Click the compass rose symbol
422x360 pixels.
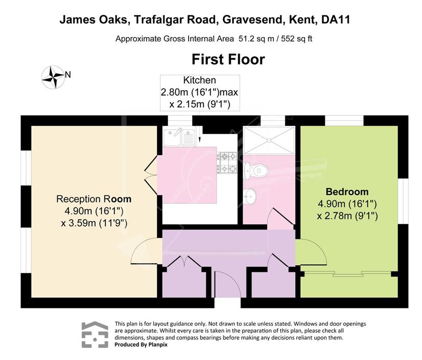pyautogui.click(x=53, y=77)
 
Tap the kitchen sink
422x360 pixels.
pyautogui.click(x=180, y=137)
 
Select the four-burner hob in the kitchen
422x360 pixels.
pyautogui.click(x=227, y=162)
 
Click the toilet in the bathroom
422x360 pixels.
pyautogui.click(x=256, y=171)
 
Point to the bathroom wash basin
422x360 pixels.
pyautogui.click(x=250, y=195)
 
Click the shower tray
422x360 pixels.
pyautogui.click(x=269, y=140)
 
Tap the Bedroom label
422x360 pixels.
pyautogui.click(x=347, y=192)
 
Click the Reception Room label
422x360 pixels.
pyautogui.click(x=94, y=199)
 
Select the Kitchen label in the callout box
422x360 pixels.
pyautogui.click(x=199, y=80)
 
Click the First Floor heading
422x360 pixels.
pyautogui.click(x=228, y=59)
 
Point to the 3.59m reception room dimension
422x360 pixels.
pyautogui.click(x=94, y=223)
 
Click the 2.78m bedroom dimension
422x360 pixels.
pyautogui.click(x=347, y=216)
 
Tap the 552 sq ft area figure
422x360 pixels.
pyautogui.click(x=297, y=39)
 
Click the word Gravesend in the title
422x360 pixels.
pyautogui.click(x=253, y=19)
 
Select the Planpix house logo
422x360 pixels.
pyautogui.click(x=95, y=334)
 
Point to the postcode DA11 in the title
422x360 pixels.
pyautogui.click(x=336, y=19)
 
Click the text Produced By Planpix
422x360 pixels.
pyautogui.click(x=141, y=345)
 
